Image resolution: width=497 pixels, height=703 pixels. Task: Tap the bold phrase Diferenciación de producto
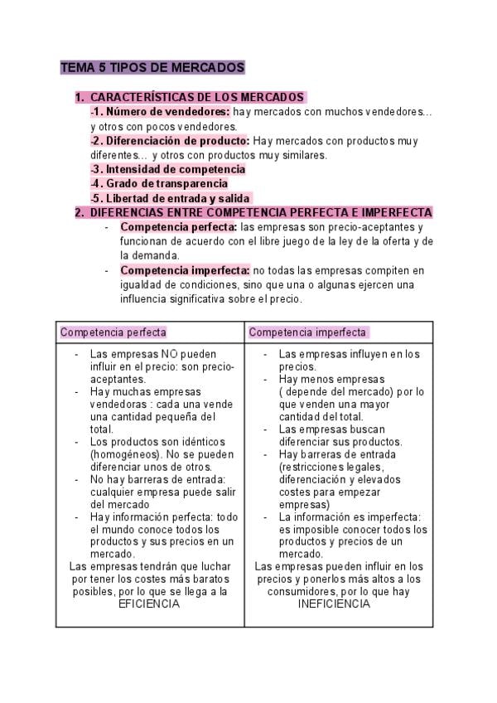click(171, 140)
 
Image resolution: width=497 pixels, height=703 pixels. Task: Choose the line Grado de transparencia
click(158, 183)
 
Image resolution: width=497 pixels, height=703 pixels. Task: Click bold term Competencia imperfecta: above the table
click(185, 269)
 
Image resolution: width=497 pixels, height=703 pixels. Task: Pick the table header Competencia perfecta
click(113, 332)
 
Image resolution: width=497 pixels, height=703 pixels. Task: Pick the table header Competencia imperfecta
click(307, 332)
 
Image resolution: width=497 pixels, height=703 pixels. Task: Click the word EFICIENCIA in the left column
click(149, 604)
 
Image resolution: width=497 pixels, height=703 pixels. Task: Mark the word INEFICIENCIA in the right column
click(335, 604)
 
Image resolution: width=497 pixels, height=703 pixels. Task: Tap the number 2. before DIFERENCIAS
click(80, 212)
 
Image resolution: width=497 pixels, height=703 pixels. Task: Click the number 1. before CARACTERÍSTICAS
click(80, 97)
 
